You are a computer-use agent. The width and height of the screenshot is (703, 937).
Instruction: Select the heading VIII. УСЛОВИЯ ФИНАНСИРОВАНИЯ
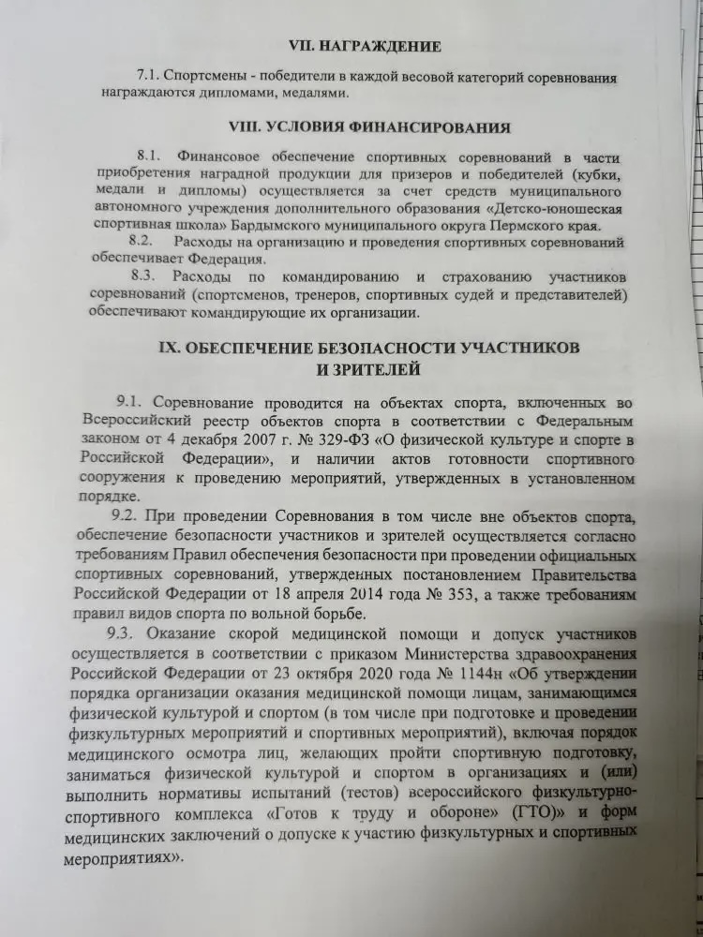369,127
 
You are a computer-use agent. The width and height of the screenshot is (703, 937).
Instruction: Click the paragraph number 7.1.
151,73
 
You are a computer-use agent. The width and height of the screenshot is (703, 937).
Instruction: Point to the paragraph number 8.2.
149,243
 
